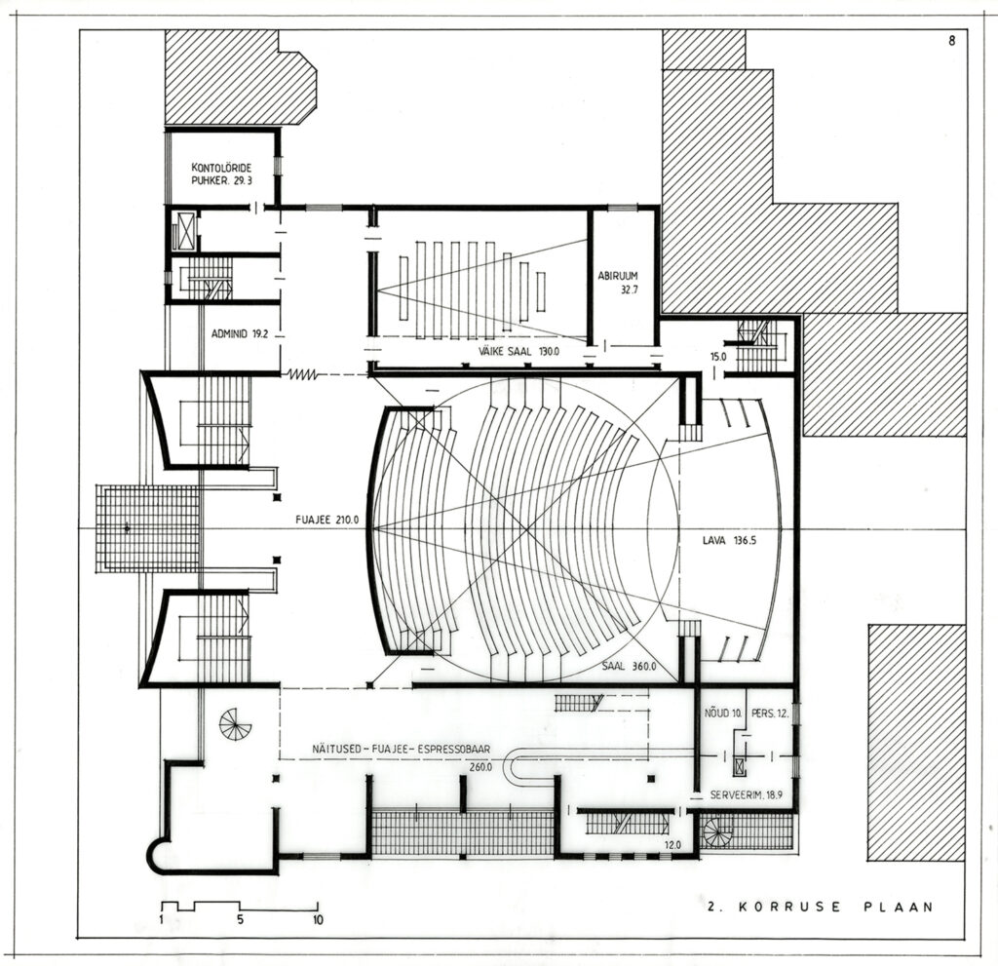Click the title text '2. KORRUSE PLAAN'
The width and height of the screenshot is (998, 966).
click(821, 907)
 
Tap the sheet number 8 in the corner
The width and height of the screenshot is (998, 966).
click(951, 41)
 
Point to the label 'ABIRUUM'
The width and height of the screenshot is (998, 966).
click(617, 277)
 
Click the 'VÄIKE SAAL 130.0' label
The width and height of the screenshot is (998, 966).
click(518, 351)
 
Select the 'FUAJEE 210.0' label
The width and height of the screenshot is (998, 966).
click(327, 520)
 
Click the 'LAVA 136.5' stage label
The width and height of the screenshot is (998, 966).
click(729, 542)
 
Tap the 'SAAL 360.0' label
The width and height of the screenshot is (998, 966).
click(629, 667)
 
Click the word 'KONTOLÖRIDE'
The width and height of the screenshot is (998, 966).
click(221, 168)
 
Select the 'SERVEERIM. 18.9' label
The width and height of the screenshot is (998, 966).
click(746, 794)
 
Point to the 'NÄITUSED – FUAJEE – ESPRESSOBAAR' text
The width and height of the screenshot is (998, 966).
click(401, 750)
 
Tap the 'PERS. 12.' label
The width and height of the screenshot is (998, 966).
click(770, 714)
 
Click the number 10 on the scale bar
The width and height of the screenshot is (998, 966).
click(318, 919)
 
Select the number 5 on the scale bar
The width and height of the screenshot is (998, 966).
click(241, 919)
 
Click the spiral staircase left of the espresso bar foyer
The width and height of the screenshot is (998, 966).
click(236, 724)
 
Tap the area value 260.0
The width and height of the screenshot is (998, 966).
click(480, 767)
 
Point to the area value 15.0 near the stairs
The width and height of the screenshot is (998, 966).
click(718, 357)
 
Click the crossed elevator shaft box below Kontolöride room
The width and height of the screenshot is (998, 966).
click(186, 230)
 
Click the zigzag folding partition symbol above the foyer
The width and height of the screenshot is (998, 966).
click(302, 374)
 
